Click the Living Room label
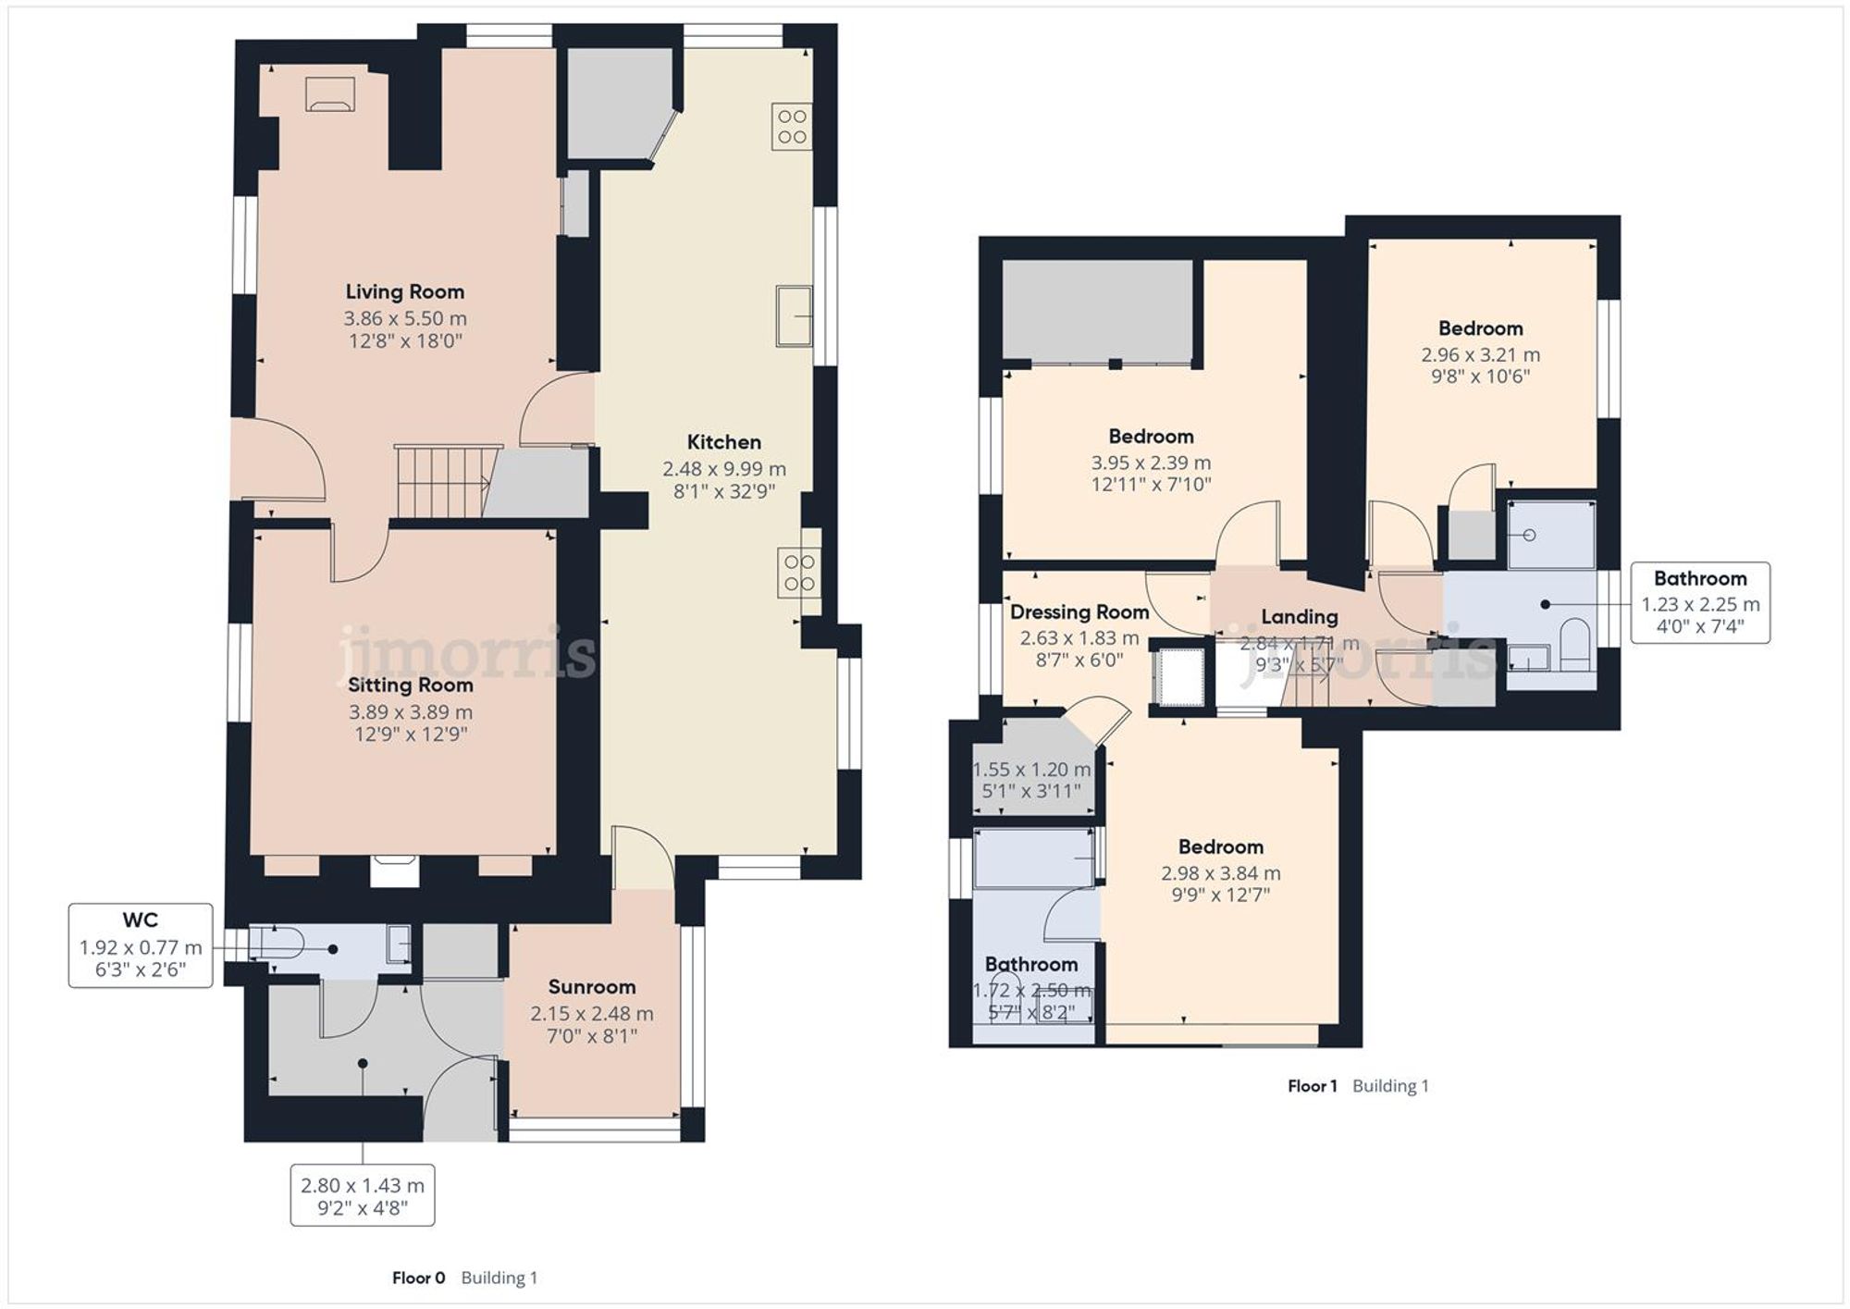404,292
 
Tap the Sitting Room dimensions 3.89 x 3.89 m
410,712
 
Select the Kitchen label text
723,442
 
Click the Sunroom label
591,987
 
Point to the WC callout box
141,945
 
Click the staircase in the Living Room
442,482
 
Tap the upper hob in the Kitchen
792,127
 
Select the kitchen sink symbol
793,316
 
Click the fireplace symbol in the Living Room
330,94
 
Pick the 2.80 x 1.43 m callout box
362,1195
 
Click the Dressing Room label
1079,612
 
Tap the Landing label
1299,617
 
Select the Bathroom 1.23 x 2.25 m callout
1699,602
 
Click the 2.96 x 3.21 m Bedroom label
1480,328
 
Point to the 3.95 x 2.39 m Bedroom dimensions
1151,463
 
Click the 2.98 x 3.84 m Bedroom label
1220,847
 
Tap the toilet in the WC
276,945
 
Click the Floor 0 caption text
418,1278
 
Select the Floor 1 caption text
1312,1086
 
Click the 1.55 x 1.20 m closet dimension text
1031,770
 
